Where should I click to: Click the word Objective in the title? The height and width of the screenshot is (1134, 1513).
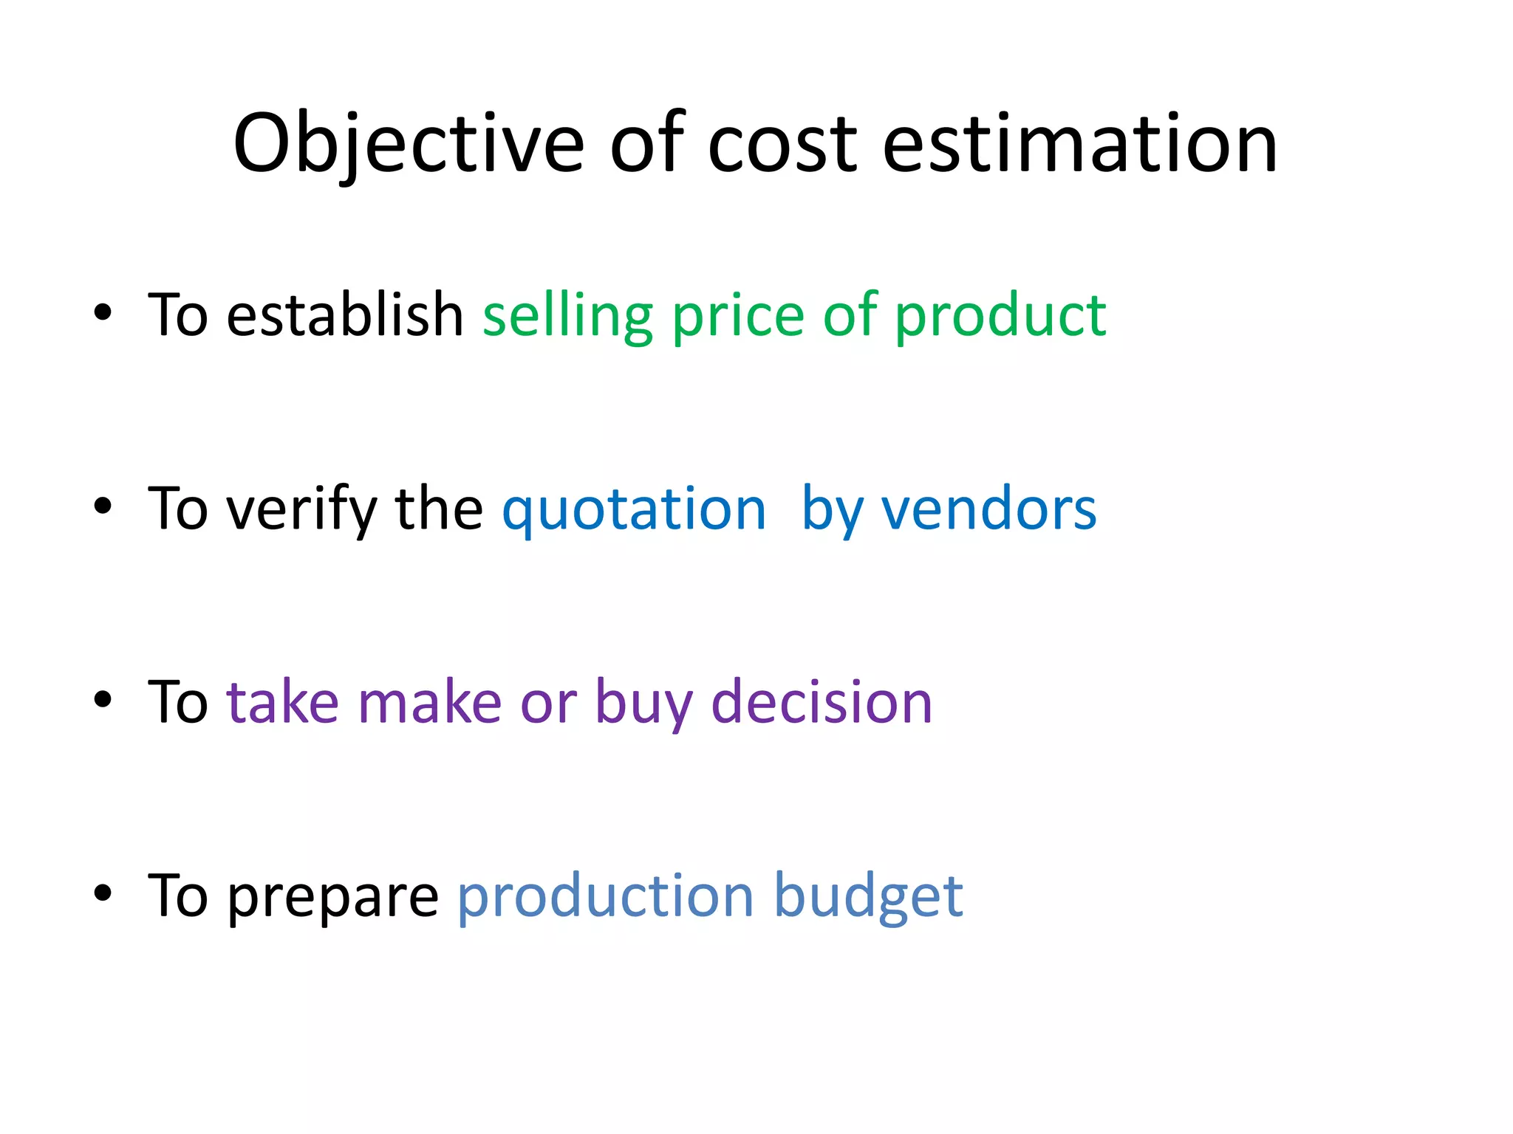point(409,144)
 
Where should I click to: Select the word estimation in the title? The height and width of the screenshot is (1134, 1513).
point(1079,144)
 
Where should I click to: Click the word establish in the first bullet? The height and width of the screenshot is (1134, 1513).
point(344,315)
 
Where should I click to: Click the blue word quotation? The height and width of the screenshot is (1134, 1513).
point(633,509)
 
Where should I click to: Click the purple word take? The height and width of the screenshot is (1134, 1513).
point(282,702)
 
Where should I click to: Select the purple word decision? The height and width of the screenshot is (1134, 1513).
point(822,702)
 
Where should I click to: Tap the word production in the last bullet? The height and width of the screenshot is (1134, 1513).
point(605,896)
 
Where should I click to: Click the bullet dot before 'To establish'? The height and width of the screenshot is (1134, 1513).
point(103,312)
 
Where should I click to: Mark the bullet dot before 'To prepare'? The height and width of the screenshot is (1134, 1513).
point(103,893)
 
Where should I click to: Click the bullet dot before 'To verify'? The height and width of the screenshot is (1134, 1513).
point(103,506)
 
